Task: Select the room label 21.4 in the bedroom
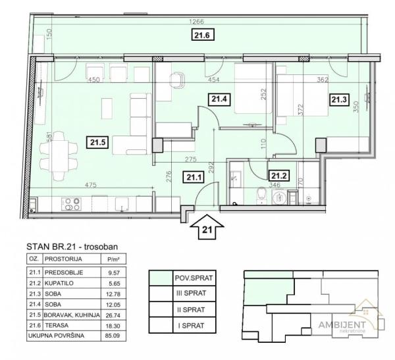(x=218, y=100)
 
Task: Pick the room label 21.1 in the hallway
(x=194, y=176)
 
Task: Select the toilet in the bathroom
(x=261, y=195)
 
